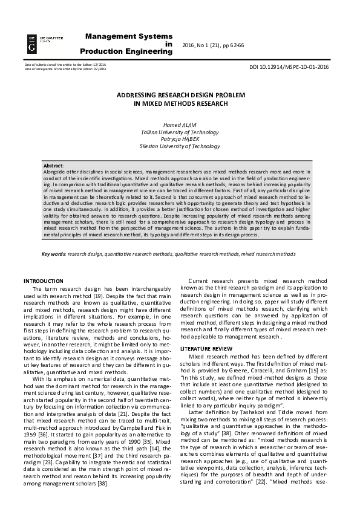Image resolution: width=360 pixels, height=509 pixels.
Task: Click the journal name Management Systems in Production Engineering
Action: (129, 44)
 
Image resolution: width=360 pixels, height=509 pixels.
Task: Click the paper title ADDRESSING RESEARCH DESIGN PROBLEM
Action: (181, 96)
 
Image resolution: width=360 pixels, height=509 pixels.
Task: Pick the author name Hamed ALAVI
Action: (180, 125)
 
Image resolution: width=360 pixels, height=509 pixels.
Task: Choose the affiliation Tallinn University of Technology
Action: (180, 132)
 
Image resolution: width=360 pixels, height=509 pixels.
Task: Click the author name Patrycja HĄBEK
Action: (180, 139)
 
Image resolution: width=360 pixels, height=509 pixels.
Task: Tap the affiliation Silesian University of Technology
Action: (180, 146)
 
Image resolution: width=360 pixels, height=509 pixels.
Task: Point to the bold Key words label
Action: (53, 254)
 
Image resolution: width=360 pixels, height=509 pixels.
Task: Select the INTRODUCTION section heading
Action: (43, 281)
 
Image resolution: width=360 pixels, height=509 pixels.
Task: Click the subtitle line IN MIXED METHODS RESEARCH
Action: (181, 104)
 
